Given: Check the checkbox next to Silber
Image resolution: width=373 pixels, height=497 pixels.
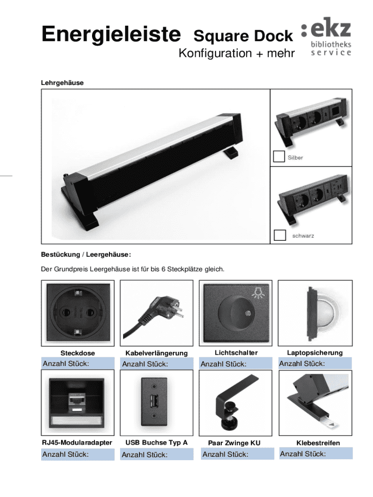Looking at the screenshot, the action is click(279, 157).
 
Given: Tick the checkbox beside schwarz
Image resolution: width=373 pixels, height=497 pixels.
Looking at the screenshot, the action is click(280, 235).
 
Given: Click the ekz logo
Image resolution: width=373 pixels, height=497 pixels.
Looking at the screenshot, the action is click(326, 36).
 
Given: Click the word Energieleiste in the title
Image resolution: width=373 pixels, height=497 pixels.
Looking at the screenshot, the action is click(111, 34).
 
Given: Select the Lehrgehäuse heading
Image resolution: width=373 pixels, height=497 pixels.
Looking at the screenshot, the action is click(62, 83).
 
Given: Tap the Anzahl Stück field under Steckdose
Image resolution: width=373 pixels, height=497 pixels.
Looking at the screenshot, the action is click(78, 364).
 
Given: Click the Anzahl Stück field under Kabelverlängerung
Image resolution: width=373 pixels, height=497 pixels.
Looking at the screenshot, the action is click(156, 364).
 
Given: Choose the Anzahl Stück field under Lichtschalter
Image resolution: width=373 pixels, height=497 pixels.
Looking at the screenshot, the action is click(236, 364).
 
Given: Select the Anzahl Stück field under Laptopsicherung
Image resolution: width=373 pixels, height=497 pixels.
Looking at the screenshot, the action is click(315, 363).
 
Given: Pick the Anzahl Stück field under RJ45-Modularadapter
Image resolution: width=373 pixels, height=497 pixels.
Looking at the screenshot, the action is click(78, 454).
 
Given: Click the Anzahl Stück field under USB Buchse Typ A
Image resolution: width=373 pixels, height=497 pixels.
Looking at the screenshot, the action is click(156, 454).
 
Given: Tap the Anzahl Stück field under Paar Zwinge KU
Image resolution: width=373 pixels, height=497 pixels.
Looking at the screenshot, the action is click(237, 454).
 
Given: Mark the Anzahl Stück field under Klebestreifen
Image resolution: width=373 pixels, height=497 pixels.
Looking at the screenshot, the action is click(316, 454).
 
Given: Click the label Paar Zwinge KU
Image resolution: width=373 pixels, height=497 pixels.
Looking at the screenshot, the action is click(234, 443).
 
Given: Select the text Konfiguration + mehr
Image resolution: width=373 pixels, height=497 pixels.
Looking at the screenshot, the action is click(237, 53).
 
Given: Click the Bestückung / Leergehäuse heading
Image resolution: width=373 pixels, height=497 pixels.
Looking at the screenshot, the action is click(86, 254).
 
